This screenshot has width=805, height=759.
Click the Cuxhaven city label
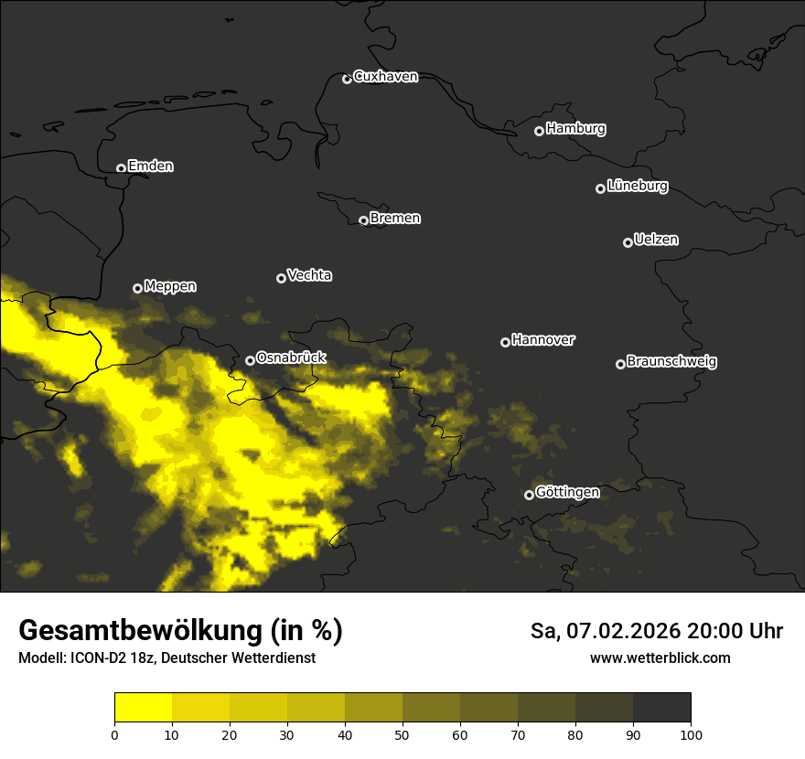385,77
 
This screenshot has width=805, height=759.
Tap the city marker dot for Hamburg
539,131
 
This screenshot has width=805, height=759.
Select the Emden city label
150,166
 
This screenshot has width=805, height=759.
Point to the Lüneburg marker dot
600,188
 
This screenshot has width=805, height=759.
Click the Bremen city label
395,219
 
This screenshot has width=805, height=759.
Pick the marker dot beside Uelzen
628,242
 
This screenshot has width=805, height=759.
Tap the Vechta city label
309,275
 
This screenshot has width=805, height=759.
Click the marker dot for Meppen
137,288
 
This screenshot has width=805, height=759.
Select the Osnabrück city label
291,358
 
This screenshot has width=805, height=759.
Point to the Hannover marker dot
505,342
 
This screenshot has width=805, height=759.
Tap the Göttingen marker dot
529,495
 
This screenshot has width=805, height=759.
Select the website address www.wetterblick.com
660,657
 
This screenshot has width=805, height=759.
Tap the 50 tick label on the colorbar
402,733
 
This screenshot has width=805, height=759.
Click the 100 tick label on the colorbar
691,733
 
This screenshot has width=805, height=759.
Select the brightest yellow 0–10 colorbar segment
144,708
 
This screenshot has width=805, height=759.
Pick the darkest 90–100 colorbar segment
661,708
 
